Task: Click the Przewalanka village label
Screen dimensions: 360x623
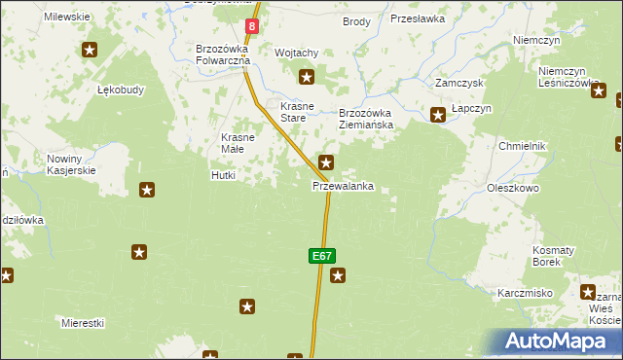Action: click(x=343, y=186)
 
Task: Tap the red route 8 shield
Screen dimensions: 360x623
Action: click(x=252, y=27)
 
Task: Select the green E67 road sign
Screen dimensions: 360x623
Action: click(x=322, y=256)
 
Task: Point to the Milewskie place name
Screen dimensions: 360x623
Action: click(x=67, y=18)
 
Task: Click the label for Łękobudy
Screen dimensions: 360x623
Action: click(x=121, y=90)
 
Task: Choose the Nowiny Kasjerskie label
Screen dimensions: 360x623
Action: click(x=71, y=164)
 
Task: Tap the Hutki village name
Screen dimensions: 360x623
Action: click(x=224, y=176)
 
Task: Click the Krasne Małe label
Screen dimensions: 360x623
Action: click(x=238, y=143)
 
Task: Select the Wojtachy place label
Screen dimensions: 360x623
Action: click(x=297, y=53)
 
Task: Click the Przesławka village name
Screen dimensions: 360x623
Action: click(x=417, y=18)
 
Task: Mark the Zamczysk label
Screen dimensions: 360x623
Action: click(x=459, y=84)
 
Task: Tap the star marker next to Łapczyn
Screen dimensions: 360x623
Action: click(x=438, y=115)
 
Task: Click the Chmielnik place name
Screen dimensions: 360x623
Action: click(x=523, y=146)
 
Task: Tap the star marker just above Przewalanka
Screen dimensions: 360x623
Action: click(x=327, y=162)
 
